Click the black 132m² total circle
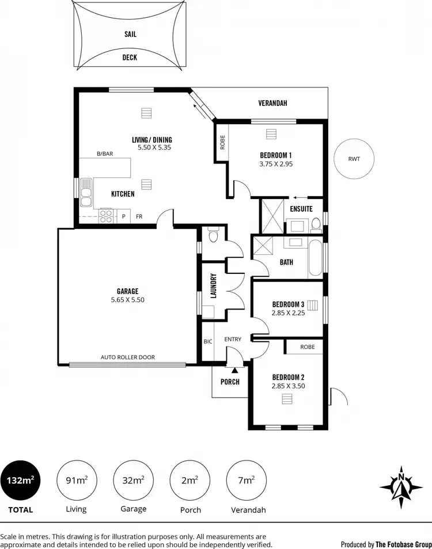[x=21, y=481]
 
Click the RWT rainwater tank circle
[x=354, y=159]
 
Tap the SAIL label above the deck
[x=130, y=34]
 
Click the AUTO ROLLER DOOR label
[x=128, y=357]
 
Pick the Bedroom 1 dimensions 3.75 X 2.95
[x=276, y=164]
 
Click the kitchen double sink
[x=86, y=193]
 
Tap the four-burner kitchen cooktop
[x=107, y=216]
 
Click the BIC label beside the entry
[x=208, y=341]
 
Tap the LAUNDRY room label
[x=213, y=285]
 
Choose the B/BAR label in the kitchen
[x=104, y=154]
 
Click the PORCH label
[x=230, y=382]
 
